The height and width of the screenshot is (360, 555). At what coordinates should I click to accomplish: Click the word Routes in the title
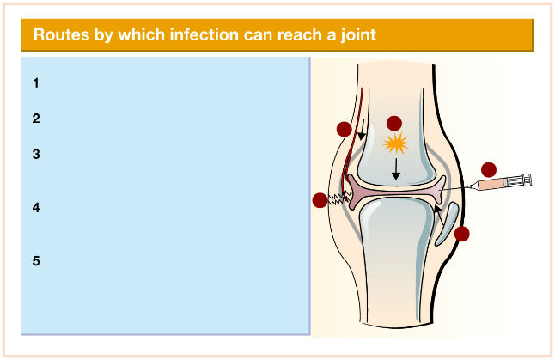pyautogui.click(x=61, y=34)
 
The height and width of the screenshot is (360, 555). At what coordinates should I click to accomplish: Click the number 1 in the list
pyautogui.click(x=36, y=83)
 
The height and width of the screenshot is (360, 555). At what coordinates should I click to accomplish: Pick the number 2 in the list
pyautogui.click(x=36, y=119)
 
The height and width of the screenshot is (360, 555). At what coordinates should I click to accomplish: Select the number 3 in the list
pyautogui.click(x=36, y=155)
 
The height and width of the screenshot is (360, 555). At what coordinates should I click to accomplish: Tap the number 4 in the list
pyautogui.click(x=36, y=207)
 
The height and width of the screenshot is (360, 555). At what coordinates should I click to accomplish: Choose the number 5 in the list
pyautogui.click(x=36, y=261)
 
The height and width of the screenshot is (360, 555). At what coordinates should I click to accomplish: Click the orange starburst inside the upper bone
pyautogui.click(x=396, y=143)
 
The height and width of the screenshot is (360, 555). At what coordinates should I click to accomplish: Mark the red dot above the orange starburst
pyautogui.click(x=394, y=124)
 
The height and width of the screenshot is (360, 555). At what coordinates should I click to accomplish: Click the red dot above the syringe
pyautogui.click(x=489, y=170)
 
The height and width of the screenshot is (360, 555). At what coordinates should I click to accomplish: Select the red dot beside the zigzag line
pyautogui.click(x=320, y=200)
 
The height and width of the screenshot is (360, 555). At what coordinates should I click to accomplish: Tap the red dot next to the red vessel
pyautogui.click(x=344, y=129)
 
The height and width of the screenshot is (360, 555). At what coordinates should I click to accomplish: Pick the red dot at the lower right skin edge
pyautogui.click(x=462, y=234)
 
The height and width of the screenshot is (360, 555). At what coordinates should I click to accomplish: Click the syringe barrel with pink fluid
pyautogui.click(x=492, y=184)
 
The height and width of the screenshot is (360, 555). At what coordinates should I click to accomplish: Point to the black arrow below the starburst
pyautogui.click(x=396, y=169)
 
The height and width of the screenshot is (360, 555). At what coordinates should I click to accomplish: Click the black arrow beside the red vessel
pyautogui.click(x=362, y=130)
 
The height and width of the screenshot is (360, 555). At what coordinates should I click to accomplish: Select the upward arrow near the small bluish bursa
pyautogui.click(x=439, y=215)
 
